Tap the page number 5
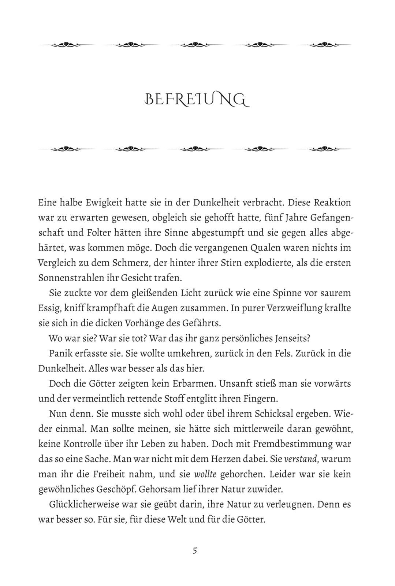pos(195,550)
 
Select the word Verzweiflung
pos(297,308)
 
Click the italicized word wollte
pos(205,474)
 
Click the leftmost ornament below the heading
pos(66,149)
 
